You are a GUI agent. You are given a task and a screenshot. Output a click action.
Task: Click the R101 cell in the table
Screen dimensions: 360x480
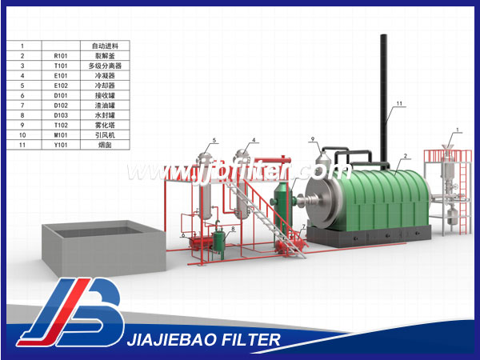pyautogui.click(x=62, y=56)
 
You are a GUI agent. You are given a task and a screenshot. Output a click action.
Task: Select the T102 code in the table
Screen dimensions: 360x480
pyautogui.click(x=62, y=124)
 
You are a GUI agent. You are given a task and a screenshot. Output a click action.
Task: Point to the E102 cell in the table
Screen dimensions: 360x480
pyautogui.click(x=62, y=85)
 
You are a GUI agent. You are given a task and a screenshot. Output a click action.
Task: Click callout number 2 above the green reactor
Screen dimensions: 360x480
pyautogui.click(x=406, y=156)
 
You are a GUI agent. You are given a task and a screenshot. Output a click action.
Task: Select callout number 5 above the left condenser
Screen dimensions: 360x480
pyautogui.click(x=214, y=142)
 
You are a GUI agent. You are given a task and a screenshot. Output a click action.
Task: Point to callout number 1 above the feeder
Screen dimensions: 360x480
pyautogui.click(x=457, y=130)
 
